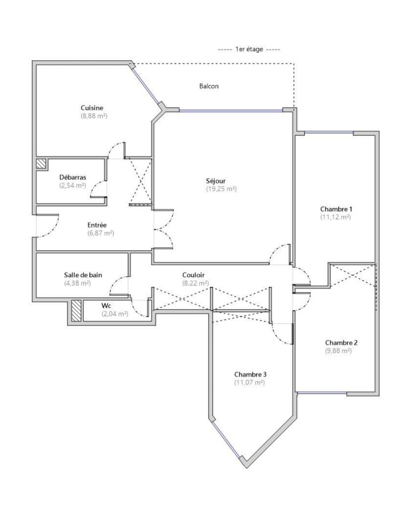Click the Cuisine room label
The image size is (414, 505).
[92, 108]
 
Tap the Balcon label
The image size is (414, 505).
[209, 86]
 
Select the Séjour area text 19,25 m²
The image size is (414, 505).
[221, 189]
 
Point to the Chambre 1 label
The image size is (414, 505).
[336, 209]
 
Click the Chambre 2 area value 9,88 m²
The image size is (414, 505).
[338, 351]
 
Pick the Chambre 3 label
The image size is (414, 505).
[250, 374]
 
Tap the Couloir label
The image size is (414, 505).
[193, 275]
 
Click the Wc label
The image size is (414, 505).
[106, 306]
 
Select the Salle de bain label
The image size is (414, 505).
[83, 275]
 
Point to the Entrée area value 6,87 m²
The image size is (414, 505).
[101, 233]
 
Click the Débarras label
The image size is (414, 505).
[73, 177]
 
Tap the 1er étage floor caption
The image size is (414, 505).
[249, 49]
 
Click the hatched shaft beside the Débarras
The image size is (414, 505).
[41, 164]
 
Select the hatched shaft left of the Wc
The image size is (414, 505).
[76, 311]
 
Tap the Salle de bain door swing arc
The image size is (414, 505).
[114, 282]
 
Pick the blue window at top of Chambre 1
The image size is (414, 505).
[329, 132]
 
